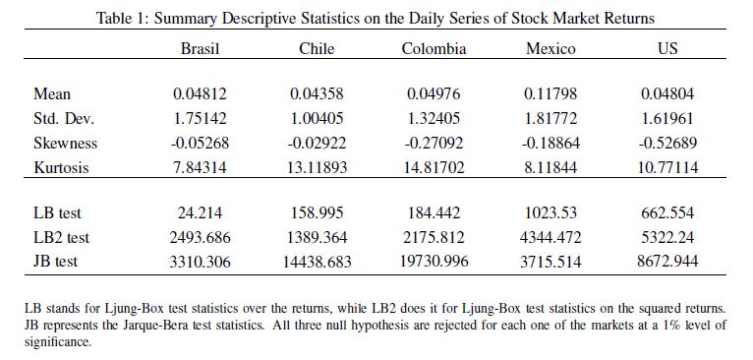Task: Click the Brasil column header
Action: pos(200,48)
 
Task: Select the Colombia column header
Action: pos(434,48)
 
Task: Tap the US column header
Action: pos(667,48)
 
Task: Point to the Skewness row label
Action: pos(65,143)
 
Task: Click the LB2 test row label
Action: pos(62,237)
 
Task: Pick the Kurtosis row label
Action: pos(62,167)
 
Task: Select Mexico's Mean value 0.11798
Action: pos(550,93)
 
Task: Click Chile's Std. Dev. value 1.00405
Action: pos(317,118)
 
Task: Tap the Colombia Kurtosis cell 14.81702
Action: pos(434,167)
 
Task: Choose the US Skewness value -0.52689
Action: pos(667,143)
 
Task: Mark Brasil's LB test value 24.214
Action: pos(200,212)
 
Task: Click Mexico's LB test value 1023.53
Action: pos(550,212)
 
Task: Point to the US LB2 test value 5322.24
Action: pos(667,237)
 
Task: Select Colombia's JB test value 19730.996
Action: pos(434,261)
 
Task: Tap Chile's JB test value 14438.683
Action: pos(317,262)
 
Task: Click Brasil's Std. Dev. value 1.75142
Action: pos(200,118)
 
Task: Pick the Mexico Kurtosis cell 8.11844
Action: pos(550,167)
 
